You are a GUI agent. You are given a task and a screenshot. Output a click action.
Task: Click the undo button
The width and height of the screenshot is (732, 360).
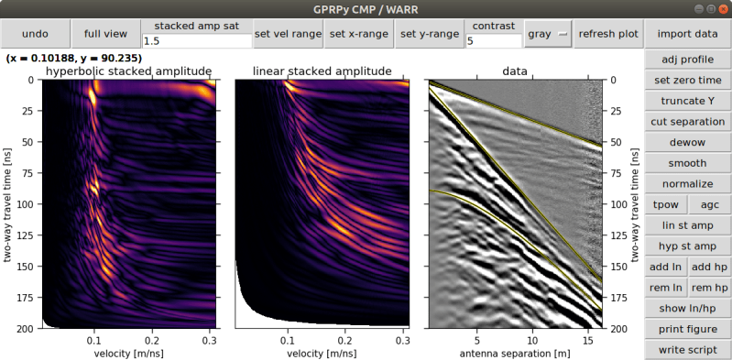35,34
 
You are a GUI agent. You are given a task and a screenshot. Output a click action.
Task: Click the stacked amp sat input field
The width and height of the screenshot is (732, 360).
197,41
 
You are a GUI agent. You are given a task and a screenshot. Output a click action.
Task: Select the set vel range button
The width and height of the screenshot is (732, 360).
288,34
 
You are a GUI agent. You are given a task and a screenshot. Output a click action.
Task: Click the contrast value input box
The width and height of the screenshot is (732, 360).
493,41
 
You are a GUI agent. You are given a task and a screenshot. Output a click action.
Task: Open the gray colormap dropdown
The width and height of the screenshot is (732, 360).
548,34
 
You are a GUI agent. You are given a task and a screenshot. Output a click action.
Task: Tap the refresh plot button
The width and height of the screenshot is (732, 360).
608,34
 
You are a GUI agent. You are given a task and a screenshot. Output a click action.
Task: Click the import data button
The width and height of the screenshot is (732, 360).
687,34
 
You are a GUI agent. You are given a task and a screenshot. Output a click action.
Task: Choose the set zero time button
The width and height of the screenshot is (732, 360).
687,80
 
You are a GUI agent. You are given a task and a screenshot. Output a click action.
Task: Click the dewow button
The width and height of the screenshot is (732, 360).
687,142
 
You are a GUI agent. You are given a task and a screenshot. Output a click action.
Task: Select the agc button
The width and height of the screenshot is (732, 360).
709,204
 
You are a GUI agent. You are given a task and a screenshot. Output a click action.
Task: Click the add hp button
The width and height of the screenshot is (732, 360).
709,267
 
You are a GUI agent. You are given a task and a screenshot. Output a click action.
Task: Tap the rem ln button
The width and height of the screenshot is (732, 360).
665,288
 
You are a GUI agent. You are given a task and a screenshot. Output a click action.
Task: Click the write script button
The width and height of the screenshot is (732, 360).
687,350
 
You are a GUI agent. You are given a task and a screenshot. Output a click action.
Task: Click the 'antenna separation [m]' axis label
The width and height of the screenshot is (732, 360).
515,353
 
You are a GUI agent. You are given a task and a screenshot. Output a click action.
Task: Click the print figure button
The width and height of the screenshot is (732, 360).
687,329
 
